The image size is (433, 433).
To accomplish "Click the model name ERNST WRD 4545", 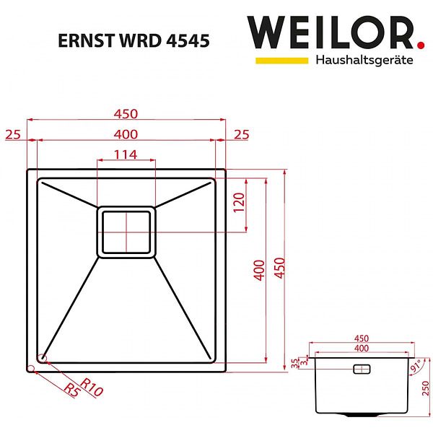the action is [x=134, y=41].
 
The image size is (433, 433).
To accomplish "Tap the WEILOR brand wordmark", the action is [x=331, y=32].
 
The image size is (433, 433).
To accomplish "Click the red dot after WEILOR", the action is [x=421, y=45].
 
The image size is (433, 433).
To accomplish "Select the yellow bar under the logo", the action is [x=281, y=61].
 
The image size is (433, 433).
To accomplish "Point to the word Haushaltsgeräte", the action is [x=364, y=60].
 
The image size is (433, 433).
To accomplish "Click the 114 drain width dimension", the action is [x=126, y=154].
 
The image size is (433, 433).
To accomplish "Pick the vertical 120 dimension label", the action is [x=239, y=202].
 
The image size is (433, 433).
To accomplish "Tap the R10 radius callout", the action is [x=92, y=387].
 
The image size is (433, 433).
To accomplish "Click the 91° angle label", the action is [x=416, y=365].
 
